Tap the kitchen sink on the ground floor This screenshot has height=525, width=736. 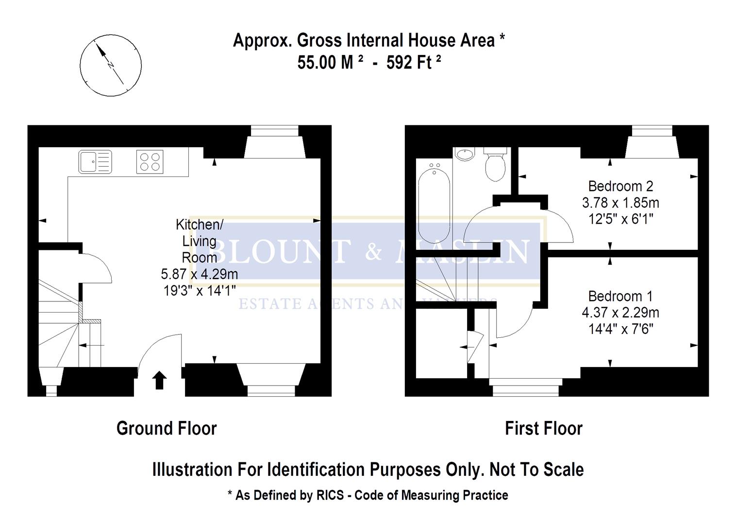click(95, 162)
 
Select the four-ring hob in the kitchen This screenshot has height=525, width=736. click(150, 162)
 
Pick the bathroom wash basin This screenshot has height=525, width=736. click(465, 154)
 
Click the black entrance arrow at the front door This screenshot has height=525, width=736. click(160, 380)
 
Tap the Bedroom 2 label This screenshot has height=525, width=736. click(620, 186)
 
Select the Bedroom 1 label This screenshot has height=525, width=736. click(620, 296)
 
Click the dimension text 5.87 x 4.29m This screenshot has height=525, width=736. click(200, 274)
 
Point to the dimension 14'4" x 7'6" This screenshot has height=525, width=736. click(620, 329)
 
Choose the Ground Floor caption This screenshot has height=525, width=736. click(167, 428)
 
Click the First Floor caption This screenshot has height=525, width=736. click(543, 428)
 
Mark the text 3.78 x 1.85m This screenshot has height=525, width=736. click(620, 203)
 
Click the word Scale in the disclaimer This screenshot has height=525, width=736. click(563, 470)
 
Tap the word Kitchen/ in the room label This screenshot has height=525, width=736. click(200, 225)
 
